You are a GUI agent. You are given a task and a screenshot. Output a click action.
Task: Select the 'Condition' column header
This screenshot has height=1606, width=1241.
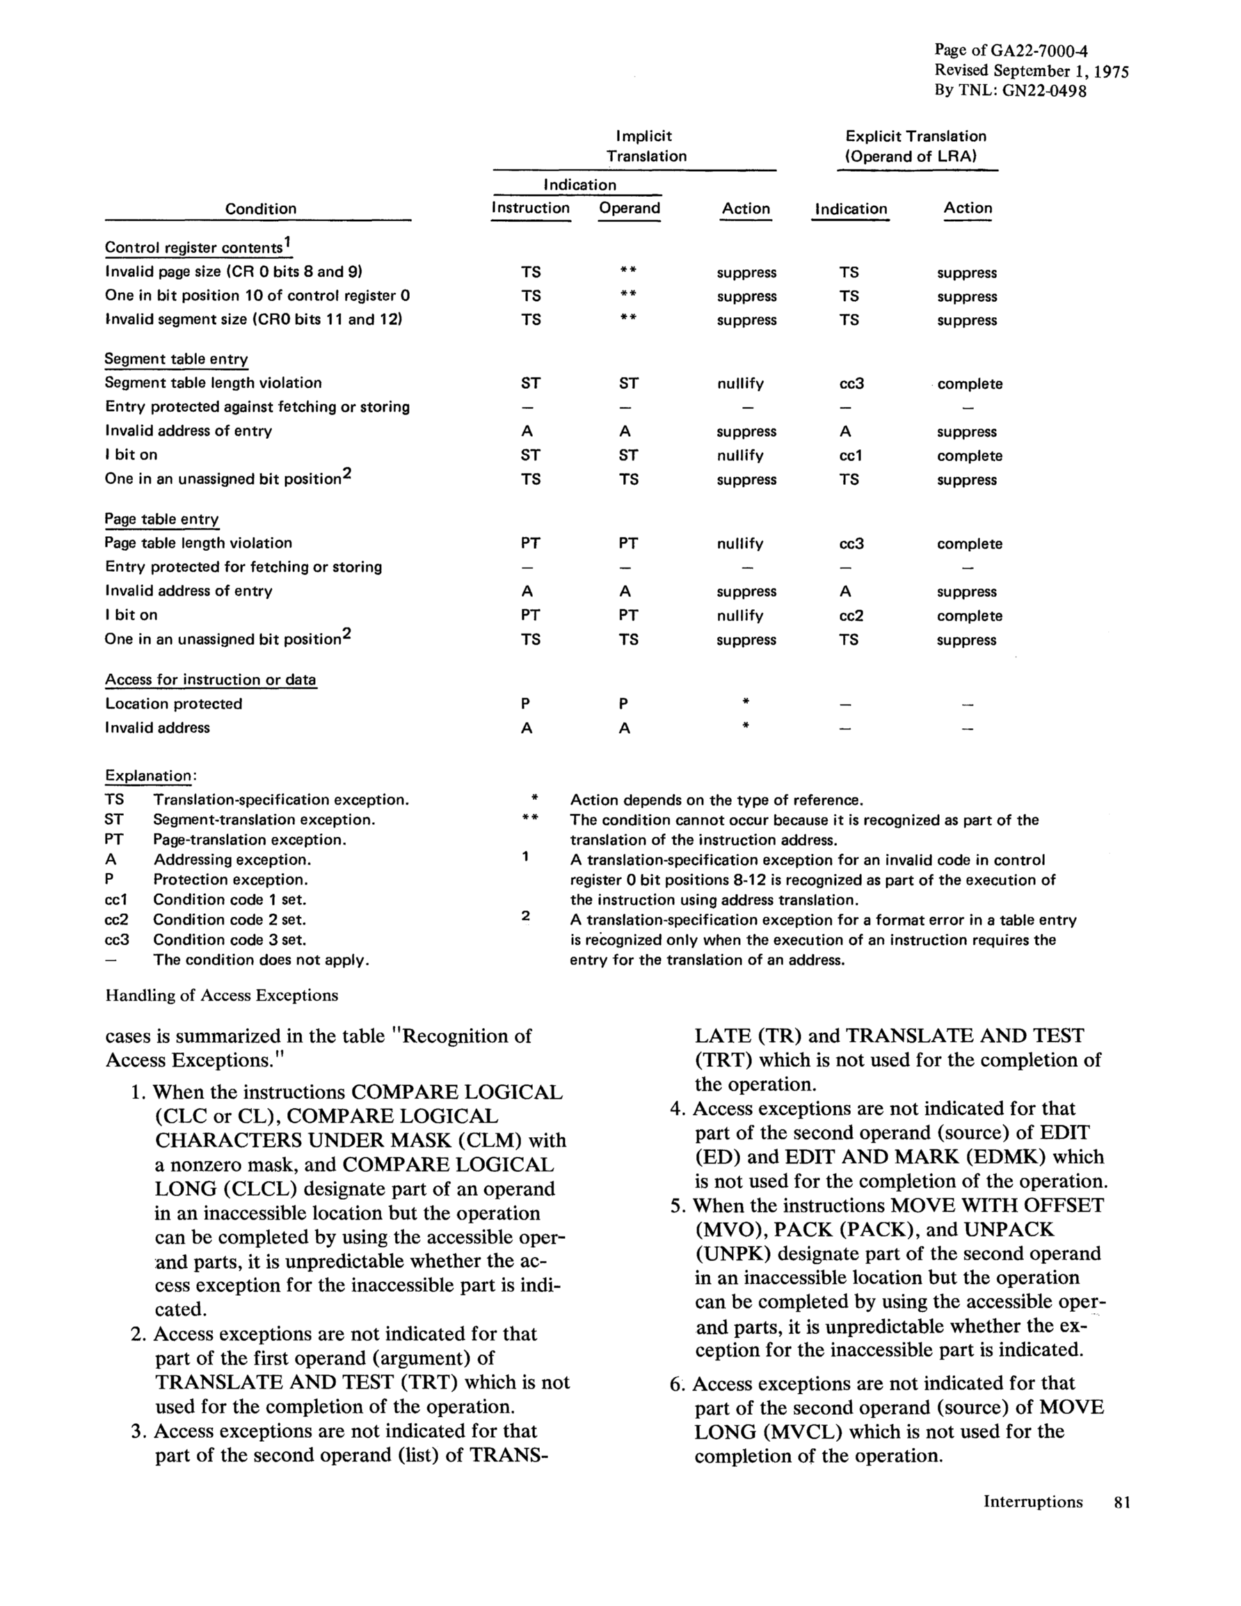click(x=260, y=209)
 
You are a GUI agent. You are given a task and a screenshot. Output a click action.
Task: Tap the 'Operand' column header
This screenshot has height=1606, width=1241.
click(x=629, y=208)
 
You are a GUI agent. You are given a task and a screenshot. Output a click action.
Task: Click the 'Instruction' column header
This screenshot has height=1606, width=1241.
click(x=530, y=208)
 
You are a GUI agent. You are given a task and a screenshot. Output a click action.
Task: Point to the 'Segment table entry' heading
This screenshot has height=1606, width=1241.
click(x=176, y=359)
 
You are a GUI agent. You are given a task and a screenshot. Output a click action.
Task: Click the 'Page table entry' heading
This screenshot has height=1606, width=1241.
click(x=161, y=519)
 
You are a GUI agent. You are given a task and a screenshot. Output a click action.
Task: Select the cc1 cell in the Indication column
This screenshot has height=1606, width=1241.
click(x=850, y=456)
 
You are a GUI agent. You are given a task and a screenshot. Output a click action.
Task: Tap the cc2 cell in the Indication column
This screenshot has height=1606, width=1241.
click(x=850, y=616)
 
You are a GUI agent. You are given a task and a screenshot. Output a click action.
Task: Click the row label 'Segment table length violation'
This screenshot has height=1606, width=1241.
click(x=213, y=383)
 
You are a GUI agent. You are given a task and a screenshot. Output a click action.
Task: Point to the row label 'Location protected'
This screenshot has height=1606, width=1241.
click(x=173, y=704)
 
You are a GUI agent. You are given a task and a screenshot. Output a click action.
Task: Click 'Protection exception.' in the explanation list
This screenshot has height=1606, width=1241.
click(x=230, y=879)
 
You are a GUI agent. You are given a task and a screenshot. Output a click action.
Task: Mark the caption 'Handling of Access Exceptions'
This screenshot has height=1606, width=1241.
click(x=221, y=995)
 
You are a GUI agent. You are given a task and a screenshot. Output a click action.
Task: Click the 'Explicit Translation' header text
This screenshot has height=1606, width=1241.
click(x=915, y=137)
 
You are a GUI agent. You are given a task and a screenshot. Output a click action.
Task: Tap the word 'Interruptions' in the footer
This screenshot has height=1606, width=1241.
click(x=1033, y=1502)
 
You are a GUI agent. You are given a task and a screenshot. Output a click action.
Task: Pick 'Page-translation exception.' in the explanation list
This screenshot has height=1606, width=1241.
click(x=249, y=840)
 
